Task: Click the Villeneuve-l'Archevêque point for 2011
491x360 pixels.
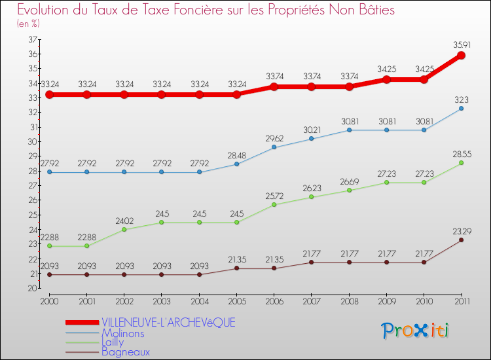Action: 461,55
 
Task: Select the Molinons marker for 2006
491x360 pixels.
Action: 274,147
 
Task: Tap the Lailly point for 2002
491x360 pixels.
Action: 124,229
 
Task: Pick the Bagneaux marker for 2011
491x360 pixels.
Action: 461,240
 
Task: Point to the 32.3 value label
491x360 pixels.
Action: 461,99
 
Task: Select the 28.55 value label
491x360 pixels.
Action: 461,154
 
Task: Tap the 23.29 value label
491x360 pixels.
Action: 461,230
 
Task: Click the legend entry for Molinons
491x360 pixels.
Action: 123,333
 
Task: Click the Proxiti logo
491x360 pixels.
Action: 416,331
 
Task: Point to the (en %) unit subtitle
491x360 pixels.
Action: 29,23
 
